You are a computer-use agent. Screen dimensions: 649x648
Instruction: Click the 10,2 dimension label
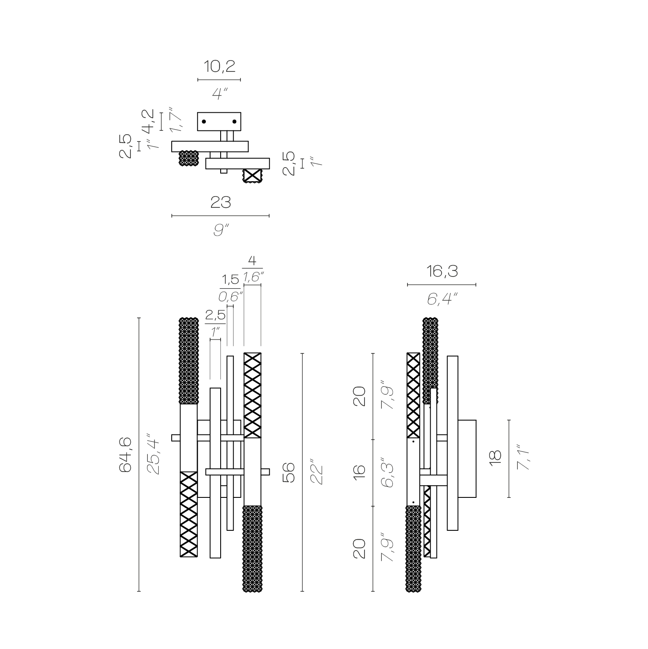click(219, 66)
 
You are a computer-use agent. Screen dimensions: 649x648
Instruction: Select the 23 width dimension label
click(221, 203)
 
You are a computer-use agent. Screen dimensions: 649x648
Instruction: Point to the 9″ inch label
click(221, 230)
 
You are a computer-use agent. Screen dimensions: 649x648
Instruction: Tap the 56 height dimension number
click(289, 472)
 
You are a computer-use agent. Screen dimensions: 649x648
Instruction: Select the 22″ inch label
click(316, 472)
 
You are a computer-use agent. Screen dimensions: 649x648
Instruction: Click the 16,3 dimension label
click(442, 272)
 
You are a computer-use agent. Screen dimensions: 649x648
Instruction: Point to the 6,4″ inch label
click(442, 299)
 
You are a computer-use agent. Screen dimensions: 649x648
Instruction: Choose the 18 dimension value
click(496, 458)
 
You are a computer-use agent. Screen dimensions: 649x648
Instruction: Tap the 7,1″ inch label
click(523, 458)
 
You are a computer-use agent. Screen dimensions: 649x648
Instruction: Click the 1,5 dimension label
click(230, 280)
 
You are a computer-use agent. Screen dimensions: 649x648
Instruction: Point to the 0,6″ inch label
click(230, 296)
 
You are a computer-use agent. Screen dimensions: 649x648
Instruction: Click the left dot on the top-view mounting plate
click(204, 122)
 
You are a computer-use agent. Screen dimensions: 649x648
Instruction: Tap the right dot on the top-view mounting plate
click(234, 122)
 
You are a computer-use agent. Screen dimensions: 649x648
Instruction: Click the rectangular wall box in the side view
click(467, 459)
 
